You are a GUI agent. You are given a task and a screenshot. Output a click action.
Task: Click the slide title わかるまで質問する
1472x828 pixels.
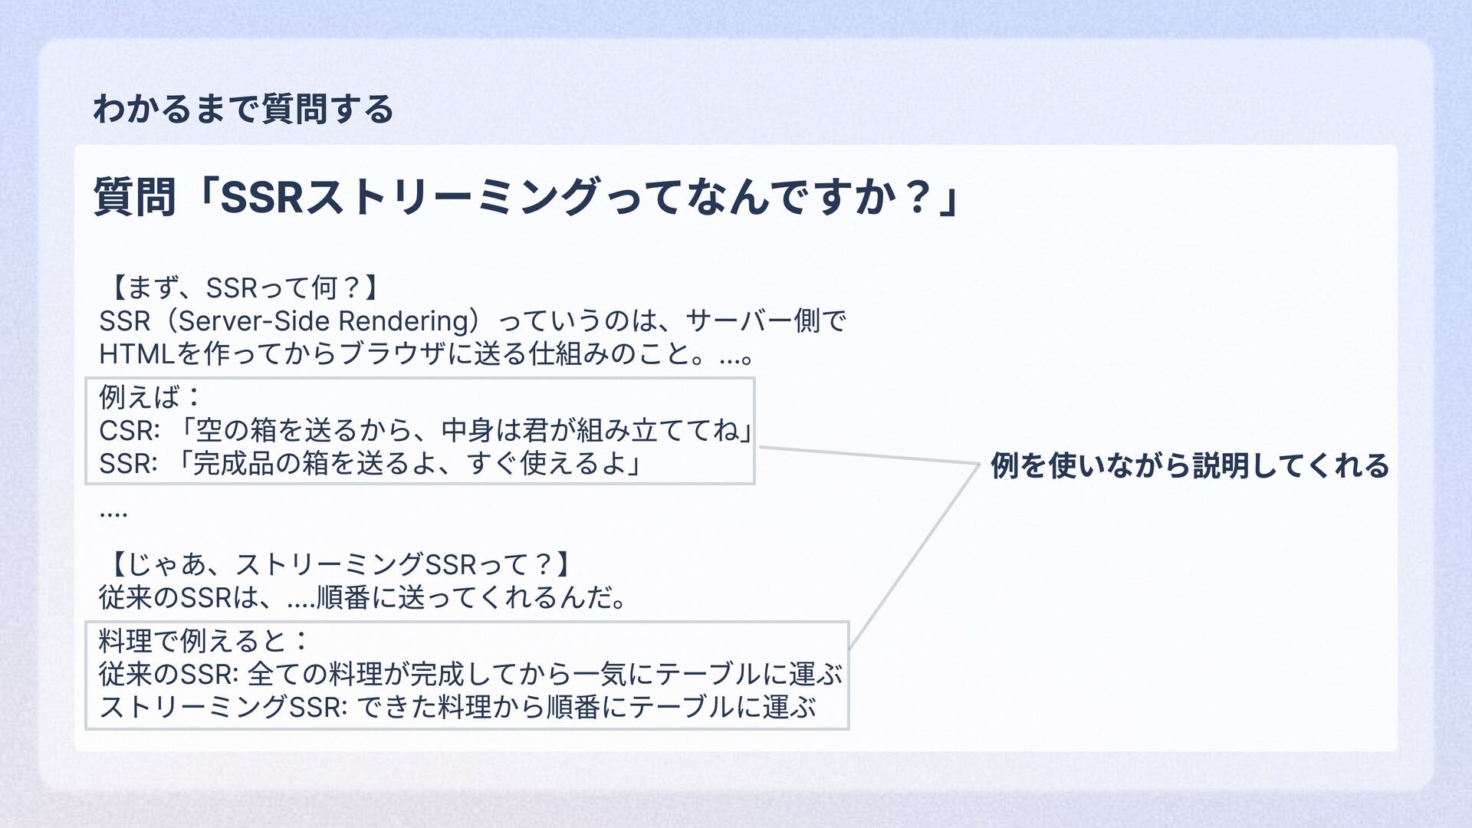[x=243, y=109]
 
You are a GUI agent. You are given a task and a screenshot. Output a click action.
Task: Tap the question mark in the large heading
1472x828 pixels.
[x=917, y=196]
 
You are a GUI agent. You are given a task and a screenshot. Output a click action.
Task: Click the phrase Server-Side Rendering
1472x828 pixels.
[x=324, y=321]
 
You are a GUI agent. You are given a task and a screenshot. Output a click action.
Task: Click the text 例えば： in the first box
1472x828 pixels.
[x=150, y=397]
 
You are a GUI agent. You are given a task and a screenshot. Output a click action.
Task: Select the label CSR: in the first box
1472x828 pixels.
[x=130, y=431]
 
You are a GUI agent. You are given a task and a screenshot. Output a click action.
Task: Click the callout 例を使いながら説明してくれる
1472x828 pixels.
[x=1189, y=465]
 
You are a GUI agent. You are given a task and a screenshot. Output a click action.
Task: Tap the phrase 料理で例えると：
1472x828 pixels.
[x=204, y=641]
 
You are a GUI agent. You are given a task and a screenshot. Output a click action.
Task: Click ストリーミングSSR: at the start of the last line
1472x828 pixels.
[x=223, y=707]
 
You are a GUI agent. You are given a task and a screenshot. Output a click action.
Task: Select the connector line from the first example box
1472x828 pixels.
[x=866, y=455]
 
